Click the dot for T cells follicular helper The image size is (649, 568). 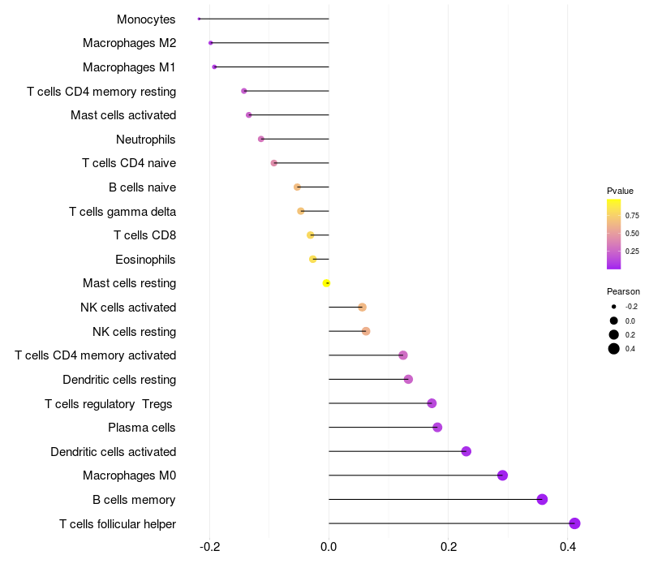(x=574, y=523)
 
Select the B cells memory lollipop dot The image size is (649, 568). (x=542, y=499)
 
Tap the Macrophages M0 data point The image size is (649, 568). (x=502, y=475)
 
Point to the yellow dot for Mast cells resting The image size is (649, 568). (x=327, y=283)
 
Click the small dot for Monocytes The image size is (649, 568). (x=199, y=19)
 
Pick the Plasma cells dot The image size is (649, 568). (x=437, y=428)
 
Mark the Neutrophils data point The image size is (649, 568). (x=261, y=140)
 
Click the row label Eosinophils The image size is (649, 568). (x=146, y=260)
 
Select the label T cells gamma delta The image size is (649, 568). (x=122, y=212)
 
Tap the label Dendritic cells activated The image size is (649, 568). (x=114, y=451)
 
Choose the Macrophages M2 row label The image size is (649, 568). (x=130, y=43)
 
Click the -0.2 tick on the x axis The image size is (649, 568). (x=210, y=547)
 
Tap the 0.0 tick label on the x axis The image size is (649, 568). (x=329, y=547)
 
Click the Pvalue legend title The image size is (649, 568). (x=620, y=191)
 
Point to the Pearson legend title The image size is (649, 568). (x=623, y=291)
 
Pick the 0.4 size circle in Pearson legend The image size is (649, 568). (x=614, y=349)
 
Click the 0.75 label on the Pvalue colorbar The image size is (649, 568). (x=632, y=215)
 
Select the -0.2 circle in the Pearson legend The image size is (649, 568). (x=614, y=307)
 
